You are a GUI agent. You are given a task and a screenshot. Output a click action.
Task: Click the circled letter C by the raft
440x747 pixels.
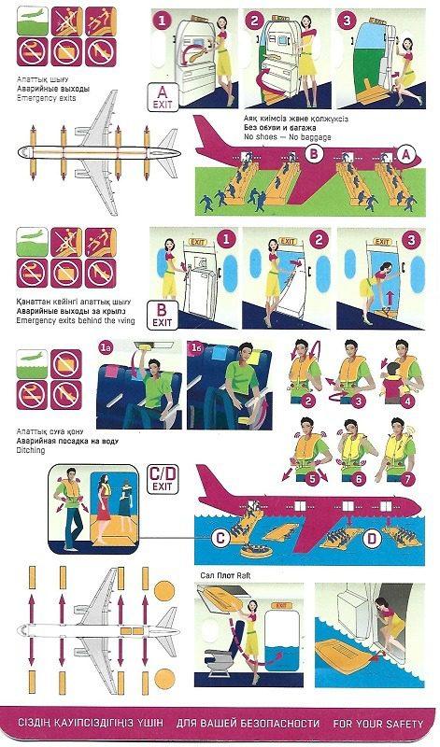[220, 537]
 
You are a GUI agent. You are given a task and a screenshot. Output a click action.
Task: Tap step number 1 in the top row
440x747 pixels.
[163, 20]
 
